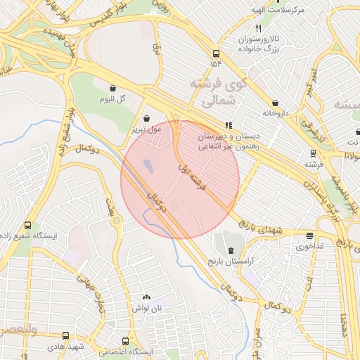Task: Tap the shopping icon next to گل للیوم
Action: coord(113,88)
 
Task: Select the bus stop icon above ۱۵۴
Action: coord(215,53)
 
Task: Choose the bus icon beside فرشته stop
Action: coord(313,153)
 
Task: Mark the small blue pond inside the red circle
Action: coord(148,167)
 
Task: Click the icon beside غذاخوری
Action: coord(310,236)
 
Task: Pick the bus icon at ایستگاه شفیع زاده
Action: coord(27,226)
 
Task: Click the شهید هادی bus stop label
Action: coord(66,347)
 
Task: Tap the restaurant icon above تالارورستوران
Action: coord(258,29)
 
